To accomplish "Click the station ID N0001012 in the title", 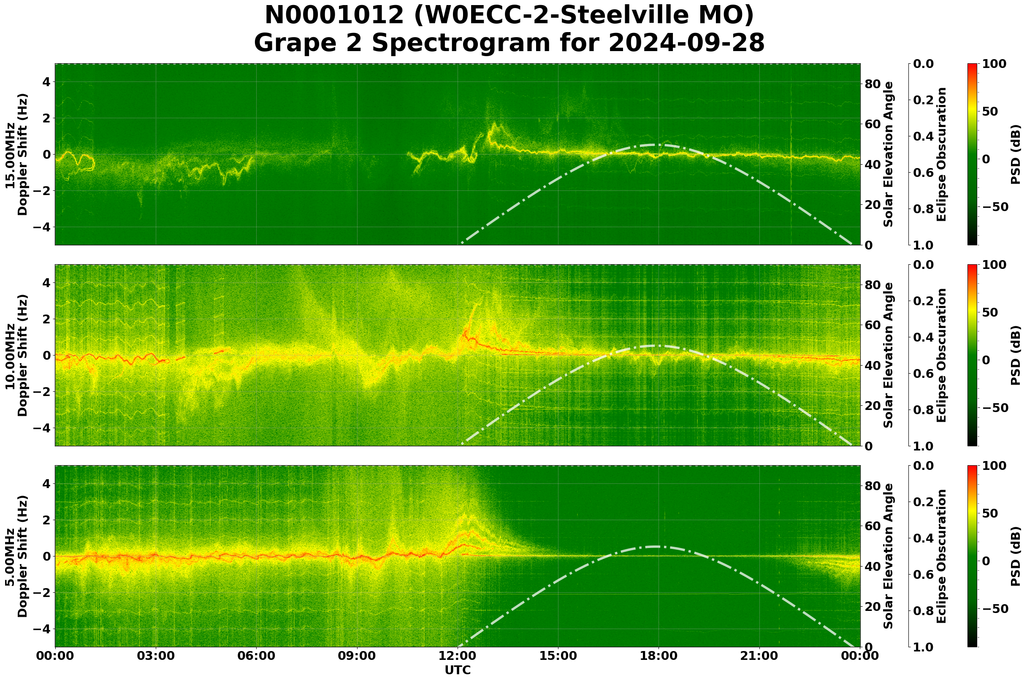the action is click(x=334, y=16).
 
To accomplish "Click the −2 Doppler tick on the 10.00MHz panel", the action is click(x=41, y=392).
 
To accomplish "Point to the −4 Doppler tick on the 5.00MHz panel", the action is click(x=41, y=629).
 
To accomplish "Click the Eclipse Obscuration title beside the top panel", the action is click(x=941, y=155).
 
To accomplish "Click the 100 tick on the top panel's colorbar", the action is click(x=994, y=64).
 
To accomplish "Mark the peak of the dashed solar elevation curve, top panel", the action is click(x=656, y=145).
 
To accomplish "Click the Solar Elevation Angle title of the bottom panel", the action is click(x=889, y=556).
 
